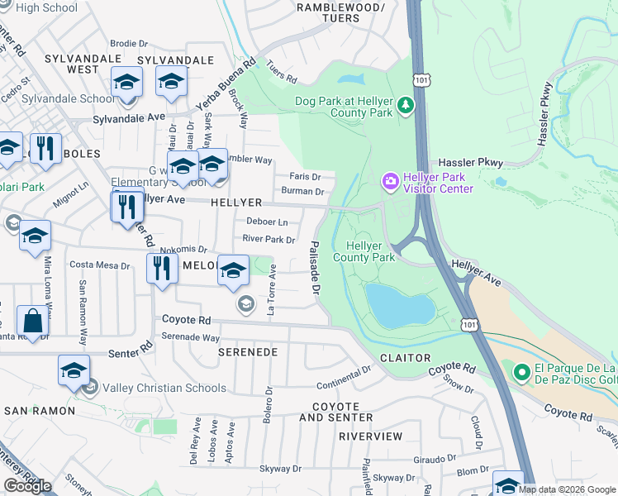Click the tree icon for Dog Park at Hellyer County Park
tap(405, 105)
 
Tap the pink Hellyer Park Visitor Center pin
tap(389, 180)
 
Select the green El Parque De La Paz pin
tap(521, 374)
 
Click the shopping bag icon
tap(32, 322)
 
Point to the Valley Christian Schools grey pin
tap(90, 387)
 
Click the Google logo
tap(27, 486)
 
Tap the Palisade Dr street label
tap(314, 268)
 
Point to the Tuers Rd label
tap(281, 76)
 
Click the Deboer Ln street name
tap(267, 222)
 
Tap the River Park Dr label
tap(268, 240)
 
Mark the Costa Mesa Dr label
tap(100, 265)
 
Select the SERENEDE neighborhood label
tap(247, 351)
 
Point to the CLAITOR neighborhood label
tap(405, 357)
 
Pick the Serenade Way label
tap(190, 337)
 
